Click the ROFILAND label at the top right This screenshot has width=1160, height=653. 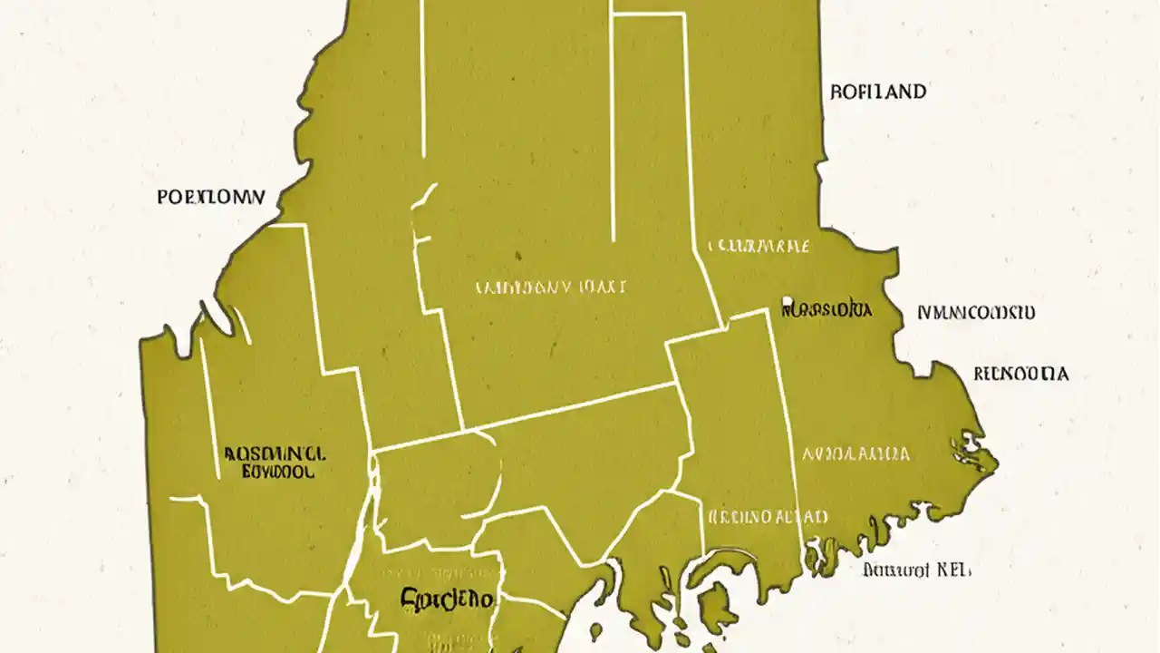pos(877,92)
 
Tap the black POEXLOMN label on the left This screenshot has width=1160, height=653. pos(211,197)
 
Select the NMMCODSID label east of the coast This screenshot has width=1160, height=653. pos(975,314)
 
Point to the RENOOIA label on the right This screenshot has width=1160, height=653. pos(1020,374)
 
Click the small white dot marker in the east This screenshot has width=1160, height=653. pos(788,301)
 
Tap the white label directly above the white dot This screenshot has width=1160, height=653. pos(758,246)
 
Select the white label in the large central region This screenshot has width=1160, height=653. pos(550,288)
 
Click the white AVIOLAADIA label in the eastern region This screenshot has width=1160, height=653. pos(855,454)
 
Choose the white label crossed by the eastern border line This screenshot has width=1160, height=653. pos(767,517)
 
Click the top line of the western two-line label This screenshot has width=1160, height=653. pos(275,453)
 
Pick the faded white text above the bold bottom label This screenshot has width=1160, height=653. pos(442,574)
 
